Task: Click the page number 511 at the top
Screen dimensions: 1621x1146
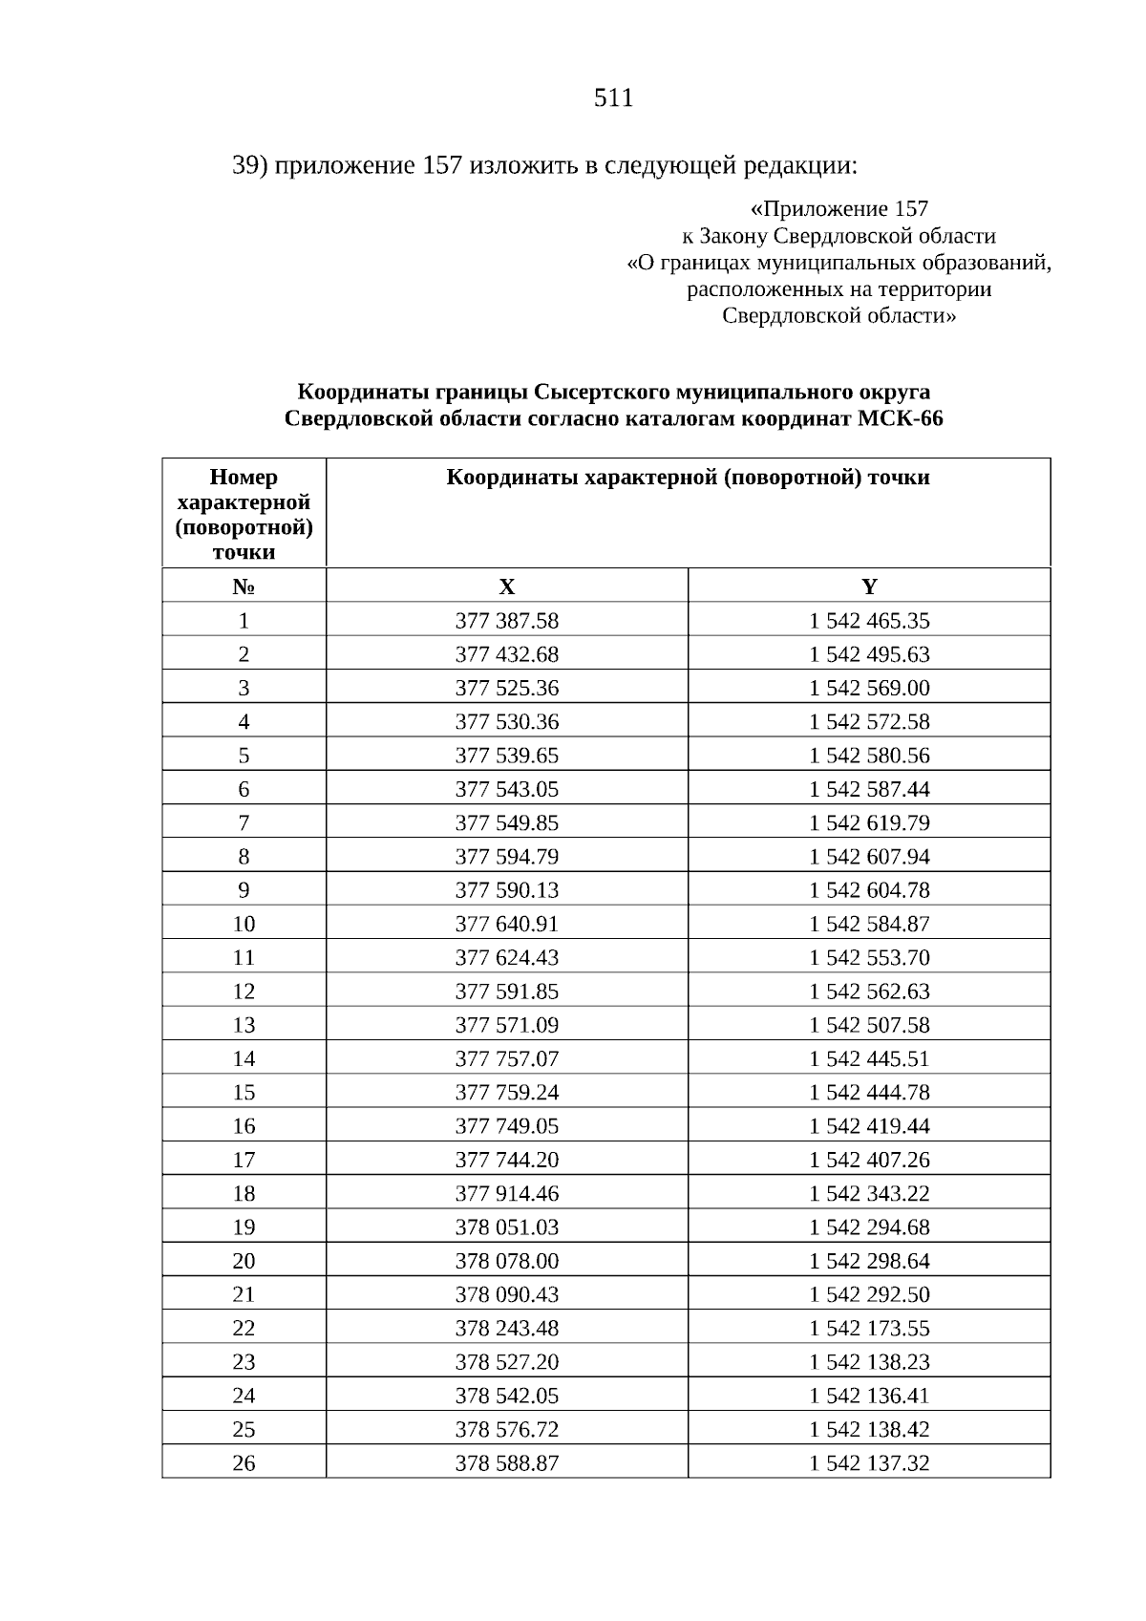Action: [613, 98]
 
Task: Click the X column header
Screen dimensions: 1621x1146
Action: [506, 587]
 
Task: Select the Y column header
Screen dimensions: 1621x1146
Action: [869, 587]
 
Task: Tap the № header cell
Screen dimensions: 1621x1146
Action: [244, 587]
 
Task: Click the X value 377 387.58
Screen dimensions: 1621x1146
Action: [506, 621]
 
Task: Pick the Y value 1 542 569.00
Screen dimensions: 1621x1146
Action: [869, 689]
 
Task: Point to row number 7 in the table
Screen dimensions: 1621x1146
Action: [244, 823]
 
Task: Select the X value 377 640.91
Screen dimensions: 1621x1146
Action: [506, 925]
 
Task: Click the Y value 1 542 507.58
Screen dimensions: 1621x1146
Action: [869, 1026]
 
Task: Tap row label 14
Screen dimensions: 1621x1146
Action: [244, 1059]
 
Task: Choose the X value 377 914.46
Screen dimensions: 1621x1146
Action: [506, 1194]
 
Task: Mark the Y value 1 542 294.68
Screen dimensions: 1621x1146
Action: [869, 1227]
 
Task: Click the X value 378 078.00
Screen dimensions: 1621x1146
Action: [506, 1261]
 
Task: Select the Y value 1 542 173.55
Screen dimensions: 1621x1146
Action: [869, 1329]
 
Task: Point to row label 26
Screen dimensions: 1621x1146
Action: [244, 1463]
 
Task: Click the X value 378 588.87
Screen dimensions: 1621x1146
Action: [506, 1463]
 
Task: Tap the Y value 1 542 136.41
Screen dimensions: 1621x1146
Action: [869, 1396]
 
